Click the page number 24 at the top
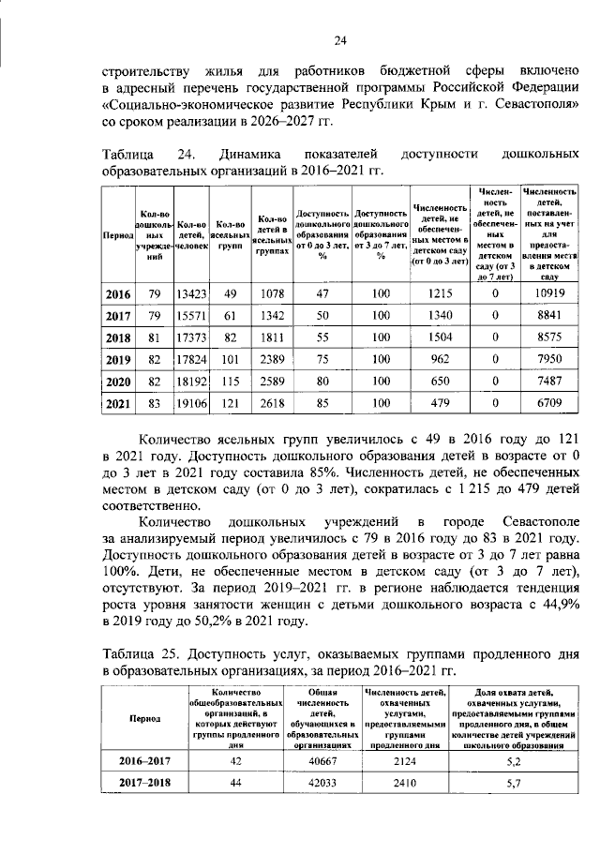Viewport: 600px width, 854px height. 341,39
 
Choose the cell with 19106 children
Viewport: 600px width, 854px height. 191,404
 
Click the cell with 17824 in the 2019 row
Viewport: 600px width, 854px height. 191,361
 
